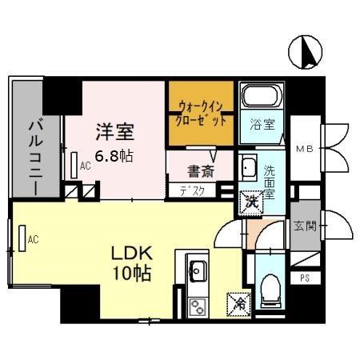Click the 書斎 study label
[x=200, y=170]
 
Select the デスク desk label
[x=192, y=190]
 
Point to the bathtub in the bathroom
[x=259, y=98]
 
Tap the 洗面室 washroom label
[x=270, y=177]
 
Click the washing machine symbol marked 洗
[x=251, y=201]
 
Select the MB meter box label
[x=305, y=149]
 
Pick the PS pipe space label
[x=304, y=278]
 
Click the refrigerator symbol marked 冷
[x=238, y=303]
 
